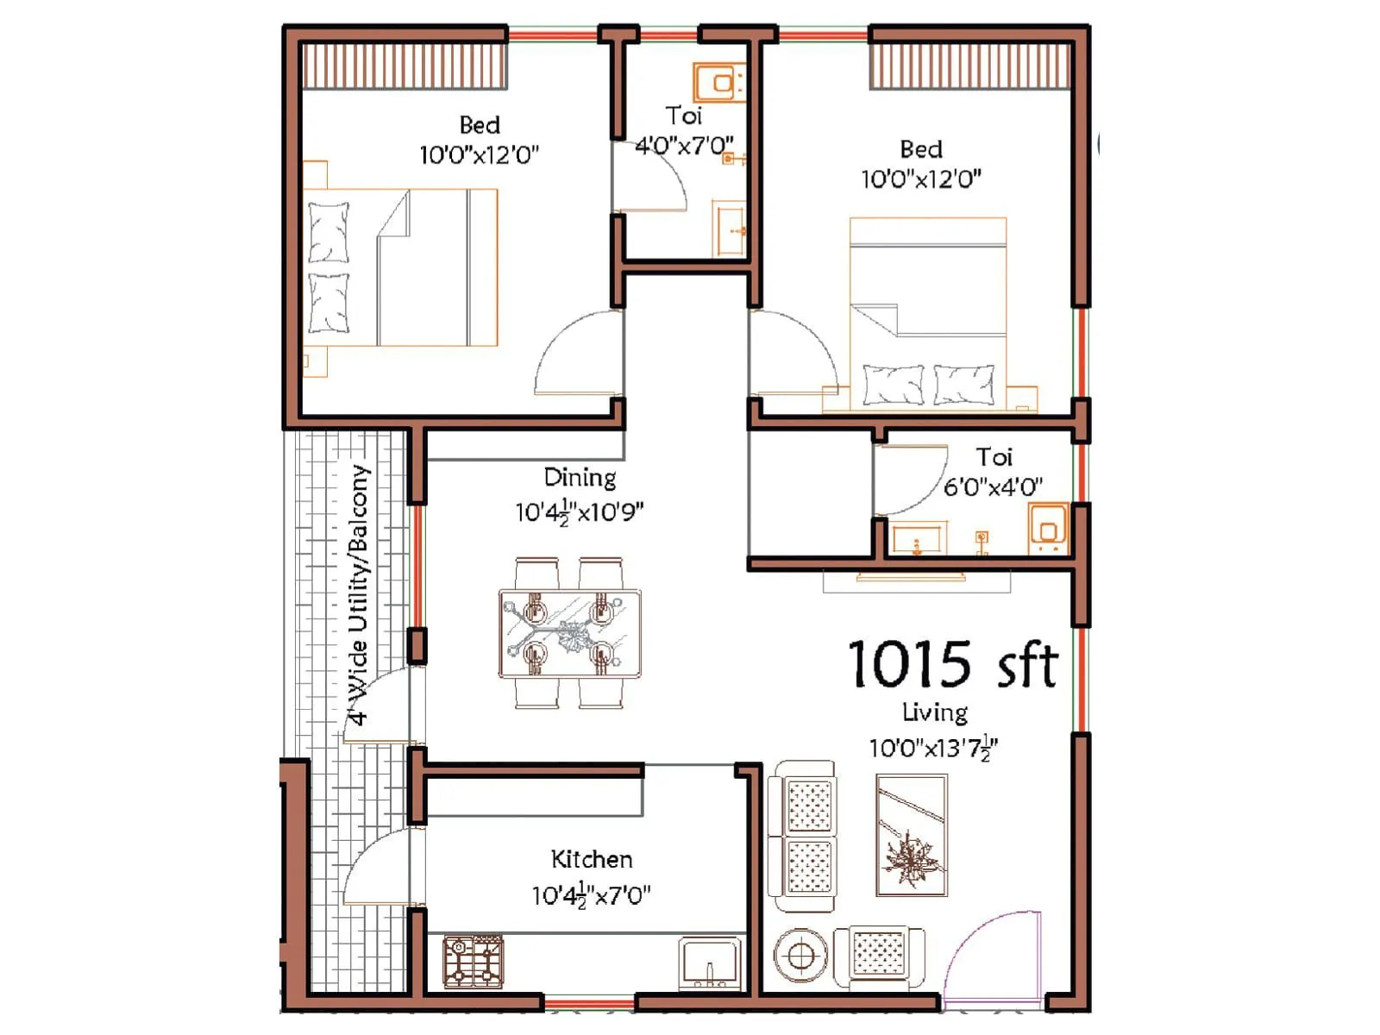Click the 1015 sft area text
[x=952, y=664]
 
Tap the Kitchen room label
[x=592, y=859]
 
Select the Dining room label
[x=580, y=477]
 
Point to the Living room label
[x=934, y=712]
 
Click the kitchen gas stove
[x=473, y=961]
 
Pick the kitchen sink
[x=709, y=963]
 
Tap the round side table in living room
[x=800, y=956]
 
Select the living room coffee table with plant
[x=911, y=835]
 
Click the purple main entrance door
[x=992, y=957]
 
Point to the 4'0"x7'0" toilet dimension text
[x=684, y=145]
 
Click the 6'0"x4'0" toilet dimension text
[x=993, y=487]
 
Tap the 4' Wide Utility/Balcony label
[x=359, y=595]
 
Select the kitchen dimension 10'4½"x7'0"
[x=591, y=895]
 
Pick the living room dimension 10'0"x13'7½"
[x=933, y=748]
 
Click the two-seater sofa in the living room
[x=802, y=835]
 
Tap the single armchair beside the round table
[x=877, y=956]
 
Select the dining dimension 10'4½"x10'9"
[x=579, y=512]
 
